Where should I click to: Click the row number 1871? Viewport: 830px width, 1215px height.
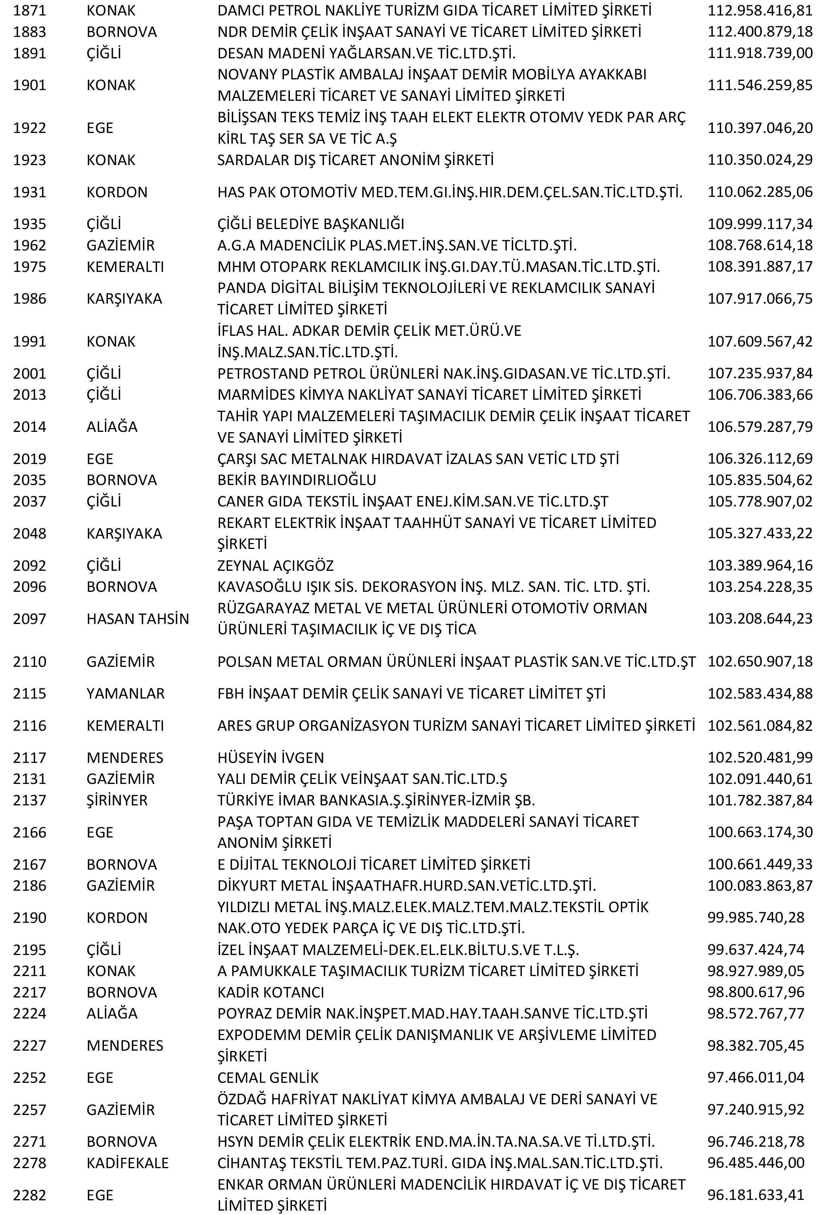pyautogui.click(x=29, y=10)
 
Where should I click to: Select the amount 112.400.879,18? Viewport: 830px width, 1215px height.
pyautogui.click(x=759, y=32)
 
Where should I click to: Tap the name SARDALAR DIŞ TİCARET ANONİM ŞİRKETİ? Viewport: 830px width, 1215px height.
pyautogui.click(x=355, y=160)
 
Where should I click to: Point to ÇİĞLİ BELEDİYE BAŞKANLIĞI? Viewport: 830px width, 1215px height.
pyautogui.click(x=311, y=224)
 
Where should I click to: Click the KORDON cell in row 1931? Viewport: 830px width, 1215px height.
pyautogui.click(x=117, y=193)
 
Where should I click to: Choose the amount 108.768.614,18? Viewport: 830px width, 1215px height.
pyautogui.click(x=759, y=245)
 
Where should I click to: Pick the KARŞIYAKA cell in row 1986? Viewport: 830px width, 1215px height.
pyautogui.click(x=124, y=299)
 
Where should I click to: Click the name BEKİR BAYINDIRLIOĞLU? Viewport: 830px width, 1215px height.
pyautogui.click(x=297, y=480)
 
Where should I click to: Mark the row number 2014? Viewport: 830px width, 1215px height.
pyautogui.click(x=29, y=427)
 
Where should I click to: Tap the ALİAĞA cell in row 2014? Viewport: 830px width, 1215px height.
pyautogui.click(x=112, y=427)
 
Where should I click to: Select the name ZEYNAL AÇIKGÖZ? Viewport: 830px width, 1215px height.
pyautogui.click(x=275, y=566)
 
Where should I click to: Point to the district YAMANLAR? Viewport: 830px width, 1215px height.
pyautogui.click(x=125, y=694)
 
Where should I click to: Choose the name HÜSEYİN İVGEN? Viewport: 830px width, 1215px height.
pyautogui.click(x=270, y=758)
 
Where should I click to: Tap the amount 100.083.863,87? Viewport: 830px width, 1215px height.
pyautogui.click(x=759, y=886)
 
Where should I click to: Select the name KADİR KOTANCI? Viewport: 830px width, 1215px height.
pyautogui.click(x=270, y=992)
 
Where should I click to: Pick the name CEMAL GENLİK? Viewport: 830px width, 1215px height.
pyautogui.click(x=267, y=1078)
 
